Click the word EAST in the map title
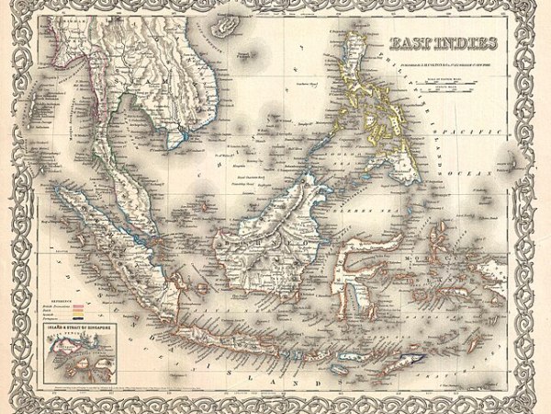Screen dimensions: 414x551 coord(411,42)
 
